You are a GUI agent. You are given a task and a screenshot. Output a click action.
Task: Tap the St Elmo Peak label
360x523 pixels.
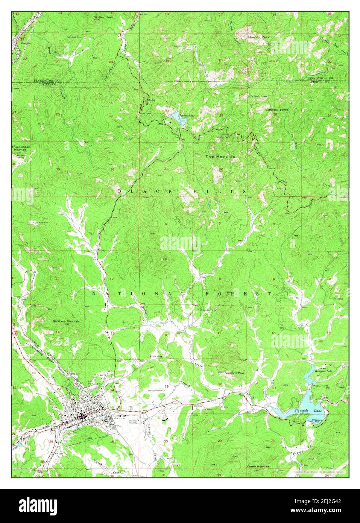click(103, 17)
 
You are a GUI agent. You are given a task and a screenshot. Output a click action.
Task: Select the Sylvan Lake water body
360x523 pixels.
click(176, 116)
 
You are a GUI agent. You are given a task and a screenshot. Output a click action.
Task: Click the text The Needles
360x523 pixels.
click(220, 156)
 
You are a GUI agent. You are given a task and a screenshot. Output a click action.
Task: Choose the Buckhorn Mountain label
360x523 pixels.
click(66, 321)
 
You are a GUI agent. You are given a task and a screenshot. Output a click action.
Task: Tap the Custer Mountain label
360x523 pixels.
click(258, 467)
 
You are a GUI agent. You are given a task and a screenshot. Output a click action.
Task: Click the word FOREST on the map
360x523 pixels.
click(238, 293)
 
